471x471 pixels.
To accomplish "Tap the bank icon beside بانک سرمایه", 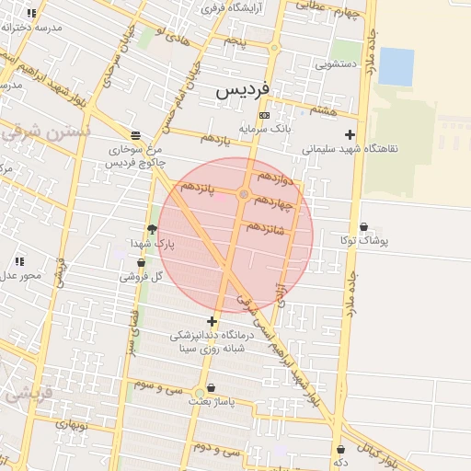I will (x=265, y=115).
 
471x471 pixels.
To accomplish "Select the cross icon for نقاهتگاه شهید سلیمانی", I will (x=349, y=135).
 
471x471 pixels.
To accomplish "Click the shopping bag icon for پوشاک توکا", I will (x=363, y=227).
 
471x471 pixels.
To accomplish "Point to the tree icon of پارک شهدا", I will (x=152, y=229).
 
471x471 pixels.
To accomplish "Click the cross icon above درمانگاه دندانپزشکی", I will (x=213, y=322).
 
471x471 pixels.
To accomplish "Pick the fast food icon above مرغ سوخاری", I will (x=135, y=134).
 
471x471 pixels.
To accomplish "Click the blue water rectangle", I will (x=396, y=66).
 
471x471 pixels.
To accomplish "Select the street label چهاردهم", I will (x=273, y=202).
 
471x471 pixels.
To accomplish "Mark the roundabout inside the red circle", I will (x=244, y=194).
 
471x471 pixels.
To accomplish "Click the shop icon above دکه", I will (x=340, y=449).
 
